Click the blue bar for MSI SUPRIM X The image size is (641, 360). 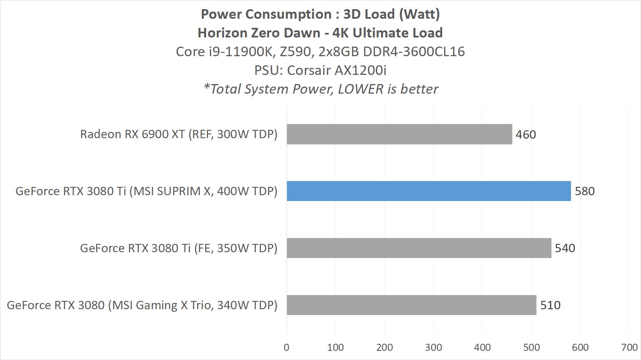tap(429, 191)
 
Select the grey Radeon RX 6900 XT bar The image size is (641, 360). tap(399, 134)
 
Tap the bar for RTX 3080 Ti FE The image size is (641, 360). tap(419, 248)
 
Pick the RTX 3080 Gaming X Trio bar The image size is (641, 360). tap(411, 305)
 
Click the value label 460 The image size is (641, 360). tap(526, 134)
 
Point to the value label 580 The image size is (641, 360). tap(584, 191)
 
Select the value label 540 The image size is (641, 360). tap(565, 248)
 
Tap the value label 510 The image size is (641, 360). tap(550, 305)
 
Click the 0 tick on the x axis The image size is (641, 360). tap(287, 348)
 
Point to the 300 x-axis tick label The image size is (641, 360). tap(433, 348)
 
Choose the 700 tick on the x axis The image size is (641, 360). tap(629, 348)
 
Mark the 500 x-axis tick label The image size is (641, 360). tap(531, 348)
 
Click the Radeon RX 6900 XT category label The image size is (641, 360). tap(179, 134)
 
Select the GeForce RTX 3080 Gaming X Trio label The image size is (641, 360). tap(142, 305)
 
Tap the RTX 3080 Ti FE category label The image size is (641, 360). tap(179, 248)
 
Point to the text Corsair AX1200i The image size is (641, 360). tap(337, 70)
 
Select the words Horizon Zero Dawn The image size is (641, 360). tap(259, 33)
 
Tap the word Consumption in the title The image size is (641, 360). tap(287, 14)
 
